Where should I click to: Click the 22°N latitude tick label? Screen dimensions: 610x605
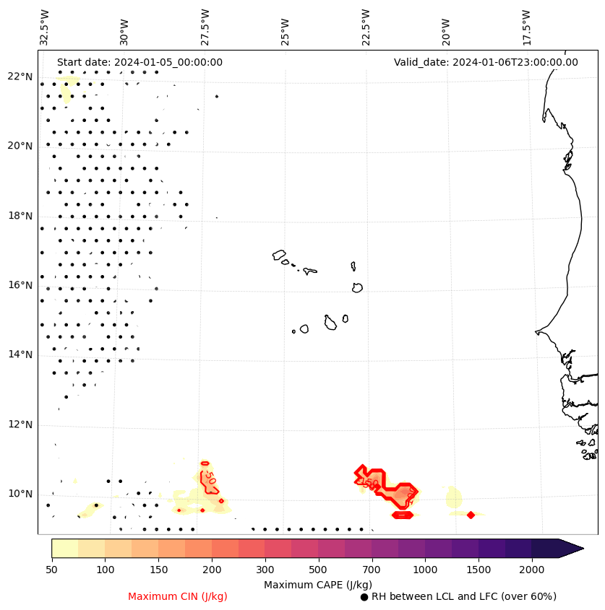tap(20, 77)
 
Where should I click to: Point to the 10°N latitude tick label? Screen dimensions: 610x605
tap(20, 494)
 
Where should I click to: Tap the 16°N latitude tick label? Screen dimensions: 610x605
tap(20, 285)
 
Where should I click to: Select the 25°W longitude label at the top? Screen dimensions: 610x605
tap(286, 27)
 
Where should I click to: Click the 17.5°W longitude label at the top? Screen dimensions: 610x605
tap(526, 27)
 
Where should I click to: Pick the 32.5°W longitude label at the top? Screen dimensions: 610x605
tap(45, 27)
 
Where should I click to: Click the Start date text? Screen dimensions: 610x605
tap(140, 62)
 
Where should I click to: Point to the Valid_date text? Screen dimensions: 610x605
tap(486, 62)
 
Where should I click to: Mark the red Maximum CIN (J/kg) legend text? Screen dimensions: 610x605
tap(177, 596)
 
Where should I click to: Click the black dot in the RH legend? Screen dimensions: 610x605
tap(364, 597)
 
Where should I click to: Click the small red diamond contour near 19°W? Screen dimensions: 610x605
tap(471, 515)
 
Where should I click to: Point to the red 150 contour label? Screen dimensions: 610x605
tap(370, 483)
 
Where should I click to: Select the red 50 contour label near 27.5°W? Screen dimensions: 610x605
tap(210, 477)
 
